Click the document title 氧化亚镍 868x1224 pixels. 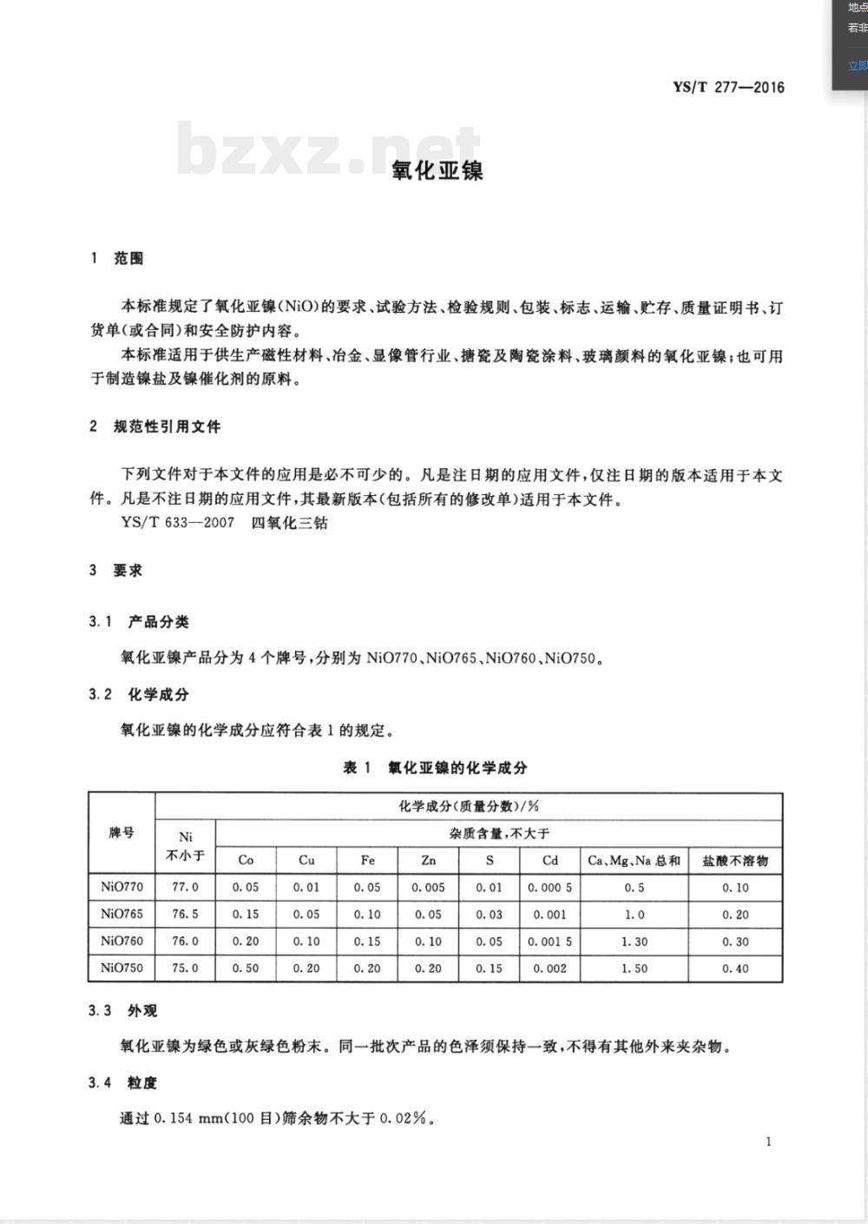437,170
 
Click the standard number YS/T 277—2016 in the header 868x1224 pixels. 728,87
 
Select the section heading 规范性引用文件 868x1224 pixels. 167,427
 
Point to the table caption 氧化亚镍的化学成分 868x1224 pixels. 457,767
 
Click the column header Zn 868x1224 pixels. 428,860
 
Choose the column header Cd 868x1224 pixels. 549,860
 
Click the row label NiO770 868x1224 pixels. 122,887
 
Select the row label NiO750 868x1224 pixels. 122,968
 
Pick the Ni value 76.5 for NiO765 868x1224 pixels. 185,914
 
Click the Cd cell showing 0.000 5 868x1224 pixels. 549,887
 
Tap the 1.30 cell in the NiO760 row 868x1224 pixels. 634,941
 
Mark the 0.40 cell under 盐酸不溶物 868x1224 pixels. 735,968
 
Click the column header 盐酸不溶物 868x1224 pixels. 735,860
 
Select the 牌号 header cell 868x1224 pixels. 122,832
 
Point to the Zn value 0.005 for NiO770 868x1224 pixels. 428,887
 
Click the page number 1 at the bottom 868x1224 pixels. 768,1141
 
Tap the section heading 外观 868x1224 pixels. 142,1011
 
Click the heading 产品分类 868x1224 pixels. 158,622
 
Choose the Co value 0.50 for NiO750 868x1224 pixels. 246,968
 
